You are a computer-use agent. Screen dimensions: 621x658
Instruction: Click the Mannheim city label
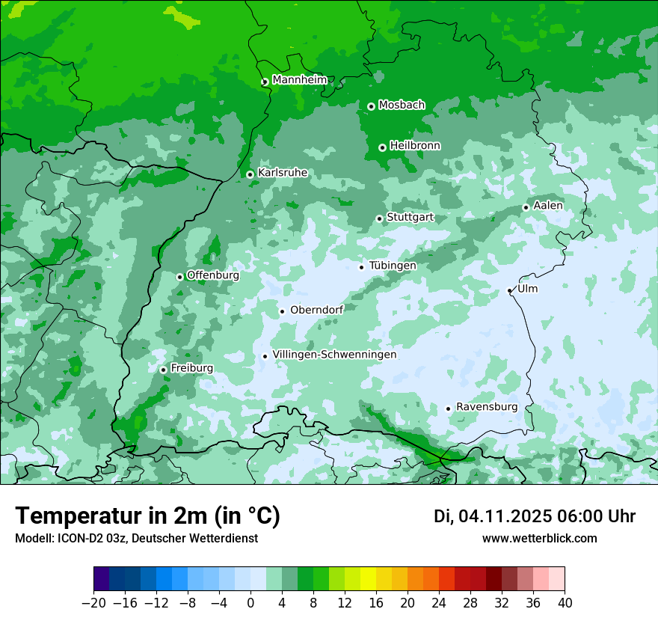[x=299, y=80]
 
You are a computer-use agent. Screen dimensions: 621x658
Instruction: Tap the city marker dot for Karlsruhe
[x=250, y=174]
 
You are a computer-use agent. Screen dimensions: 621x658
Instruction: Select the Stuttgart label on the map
[x=410, y=218]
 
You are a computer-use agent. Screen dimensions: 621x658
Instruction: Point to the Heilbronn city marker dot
[x=382, y=147]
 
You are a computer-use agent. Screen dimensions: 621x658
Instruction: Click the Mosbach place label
[x=402, y=105]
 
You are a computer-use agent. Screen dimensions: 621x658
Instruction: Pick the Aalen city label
[x=548, y=206]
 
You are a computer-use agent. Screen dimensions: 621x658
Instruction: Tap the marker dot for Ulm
[x=509, y=290]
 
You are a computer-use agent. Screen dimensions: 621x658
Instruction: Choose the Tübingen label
[x=393, y=266]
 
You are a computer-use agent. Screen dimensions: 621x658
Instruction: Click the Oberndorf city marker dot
[x=282, y=311]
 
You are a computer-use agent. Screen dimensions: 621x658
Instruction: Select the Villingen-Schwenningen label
[x=334, y=355]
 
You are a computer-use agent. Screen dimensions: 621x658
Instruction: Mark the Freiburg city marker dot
[x=163, y=370]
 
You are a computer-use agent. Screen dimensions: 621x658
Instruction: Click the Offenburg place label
[x=213, y=275]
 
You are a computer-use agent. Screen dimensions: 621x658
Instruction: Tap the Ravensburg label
[x=487, y=407]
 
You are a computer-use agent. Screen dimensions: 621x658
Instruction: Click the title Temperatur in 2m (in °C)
[x=147, y=516]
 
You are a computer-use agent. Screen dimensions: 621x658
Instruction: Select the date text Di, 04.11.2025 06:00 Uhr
[x=535, y=516]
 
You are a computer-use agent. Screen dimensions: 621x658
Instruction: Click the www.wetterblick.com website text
[x=539, y=538]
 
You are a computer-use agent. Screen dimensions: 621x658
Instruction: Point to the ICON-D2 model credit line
[x=136, y=538]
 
